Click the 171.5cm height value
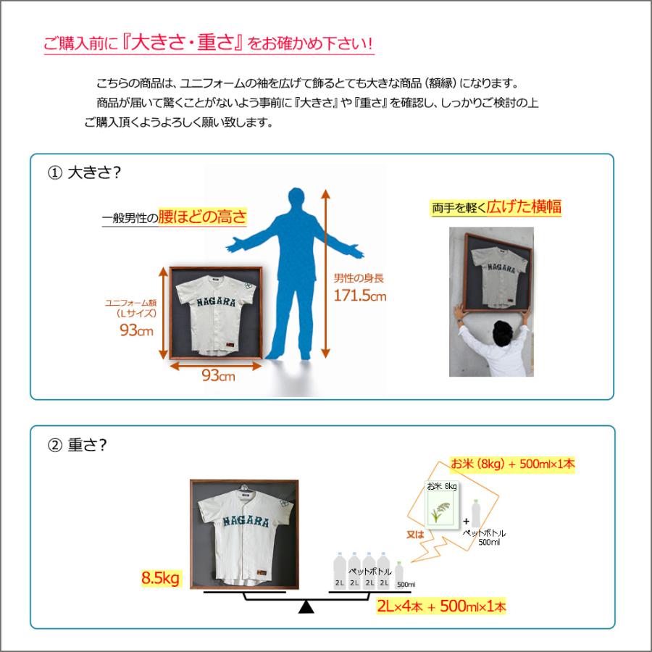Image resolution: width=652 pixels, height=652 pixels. pyautogui.click(x=359, y=295)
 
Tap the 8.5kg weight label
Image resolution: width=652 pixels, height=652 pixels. pyautogui.click(x=161, y=578)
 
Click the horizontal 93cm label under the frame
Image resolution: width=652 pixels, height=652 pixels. pyautogui.click(x=217, y=376)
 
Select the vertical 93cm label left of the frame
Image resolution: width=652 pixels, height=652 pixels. pyautogui.click(x=136, y=330)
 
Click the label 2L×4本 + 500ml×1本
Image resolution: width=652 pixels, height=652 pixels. pyautogui.click(x=440, y=606)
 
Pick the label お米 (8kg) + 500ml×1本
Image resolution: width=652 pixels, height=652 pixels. pyautogui.click(x=513, y=464)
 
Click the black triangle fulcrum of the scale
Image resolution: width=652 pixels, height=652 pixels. pyautogui.click(x=306, y=606)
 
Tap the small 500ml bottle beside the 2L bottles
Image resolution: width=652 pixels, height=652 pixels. pyautogui.click(x=399, y=572)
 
